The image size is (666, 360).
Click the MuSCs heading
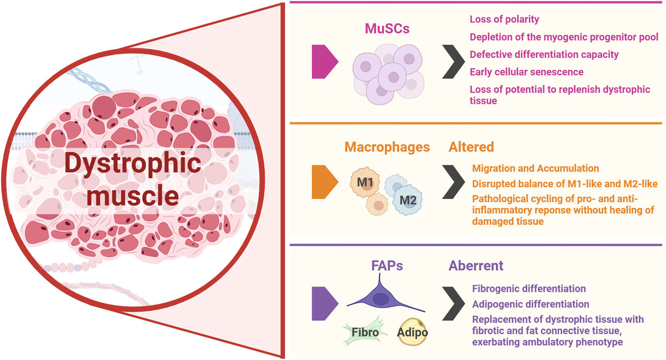coord(387,29)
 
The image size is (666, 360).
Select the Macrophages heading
coord(387,147)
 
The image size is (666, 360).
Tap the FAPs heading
coord(387,266)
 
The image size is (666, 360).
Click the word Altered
coord(471,147)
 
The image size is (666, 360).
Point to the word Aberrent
coord(476,266)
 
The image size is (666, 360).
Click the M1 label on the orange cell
coord(365,182)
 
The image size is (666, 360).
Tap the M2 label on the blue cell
coord(408,200)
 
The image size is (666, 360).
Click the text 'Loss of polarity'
coord(504,19)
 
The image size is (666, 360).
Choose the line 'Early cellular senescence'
coord(526,72)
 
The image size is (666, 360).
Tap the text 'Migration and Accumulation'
coord(535,168)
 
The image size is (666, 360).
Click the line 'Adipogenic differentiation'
coord(530,304)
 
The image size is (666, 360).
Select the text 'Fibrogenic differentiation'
coord(529,289)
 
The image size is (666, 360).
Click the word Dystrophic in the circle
coord(133,163)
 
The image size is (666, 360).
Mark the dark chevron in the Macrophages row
coord(453,182)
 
